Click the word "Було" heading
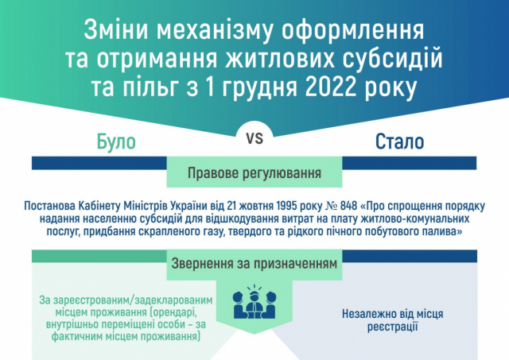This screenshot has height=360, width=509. pos(116,141)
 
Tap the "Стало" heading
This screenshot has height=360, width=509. pos(399,141)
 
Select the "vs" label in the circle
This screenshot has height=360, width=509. pos(254,138)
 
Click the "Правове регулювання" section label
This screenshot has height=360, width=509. pos(254,173)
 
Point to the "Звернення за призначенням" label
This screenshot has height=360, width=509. pos(254,264)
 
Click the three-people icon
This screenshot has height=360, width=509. pos(254,302)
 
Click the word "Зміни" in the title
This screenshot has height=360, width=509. pos(117,30)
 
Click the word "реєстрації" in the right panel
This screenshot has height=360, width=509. pos(392,327)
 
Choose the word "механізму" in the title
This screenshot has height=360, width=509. pos(215,30)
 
